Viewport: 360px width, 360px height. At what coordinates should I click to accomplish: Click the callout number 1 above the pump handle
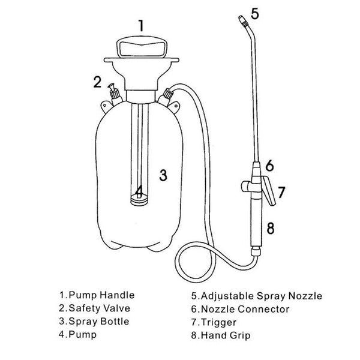tap(140, 25)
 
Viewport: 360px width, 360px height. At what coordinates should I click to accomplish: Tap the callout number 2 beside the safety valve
tap(97, 82)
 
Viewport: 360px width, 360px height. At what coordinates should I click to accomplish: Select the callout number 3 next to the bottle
tap(163, 175)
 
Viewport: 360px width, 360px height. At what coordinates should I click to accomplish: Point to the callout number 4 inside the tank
tap(139, 192)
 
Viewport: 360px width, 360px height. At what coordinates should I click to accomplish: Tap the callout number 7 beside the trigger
tap(281, 193)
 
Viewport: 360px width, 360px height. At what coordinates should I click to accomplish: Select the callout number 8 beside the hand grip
tap(270, 228)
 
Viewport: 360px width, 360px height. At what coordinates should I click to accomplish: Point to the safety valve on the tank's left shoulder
tap(113, 94)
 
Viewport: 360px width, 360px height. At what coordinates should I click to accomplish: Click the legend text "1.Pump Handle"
tap(96, 295)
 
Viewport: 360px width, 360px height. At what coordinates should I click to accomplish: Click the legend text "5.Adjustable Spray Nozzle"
tap(257, 296)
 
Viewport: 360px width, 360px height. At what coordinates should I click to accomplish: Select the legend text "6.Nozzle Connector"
tap(240, 309)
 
